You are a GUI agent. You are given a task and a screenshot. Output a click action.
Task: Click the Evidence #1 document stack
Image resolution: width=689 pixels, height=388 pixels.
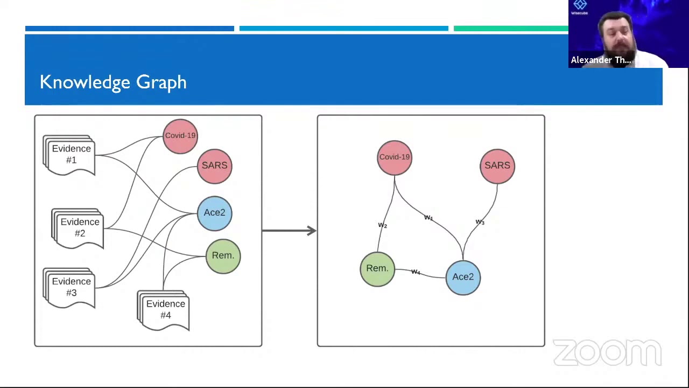(x=71, y=155)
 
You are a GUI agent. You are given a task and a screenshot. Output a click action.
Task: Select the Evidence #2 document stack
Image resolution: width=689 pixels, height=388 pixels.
(x=79, y=228)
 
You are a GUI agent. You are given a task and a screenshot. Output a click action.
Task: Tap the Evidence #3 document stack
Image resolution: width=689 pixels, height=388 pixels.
(x=71, y=287)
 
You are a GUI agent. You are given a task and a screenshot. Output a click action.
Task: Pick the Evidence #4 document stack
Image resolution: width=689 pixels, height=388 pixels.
(x=165, y=310)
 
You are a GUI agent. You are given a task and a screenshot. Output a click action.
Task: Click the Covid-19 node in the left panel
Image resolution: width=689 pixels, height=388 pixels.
(x=180, y=136)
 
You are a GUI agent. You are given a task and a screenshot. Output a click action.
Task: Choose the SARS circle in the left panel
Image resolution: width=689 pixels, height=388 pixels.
(x=215, y=166)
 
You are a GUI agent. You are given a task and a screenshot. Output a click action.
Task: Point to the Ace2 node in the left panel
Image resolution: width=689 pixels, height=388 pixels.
(x=215, y=213)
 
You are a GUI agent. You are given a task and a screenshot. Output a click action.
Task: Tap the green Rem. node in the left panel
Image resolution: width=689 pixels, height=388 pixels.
(x=223, y=256)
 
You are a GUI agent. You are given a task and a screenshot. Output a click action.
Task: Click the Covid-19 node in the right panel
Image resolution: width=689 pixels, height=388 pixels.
(x=395, y=157)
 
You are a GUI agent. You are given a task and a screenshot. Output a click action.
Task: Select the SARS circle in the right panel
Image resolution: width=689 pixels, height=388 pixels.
(x=497, y=166)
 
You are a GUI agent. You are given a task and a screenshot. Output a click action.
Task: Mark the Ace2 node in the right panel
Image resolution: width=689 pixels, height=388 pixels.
(x=463, y=278)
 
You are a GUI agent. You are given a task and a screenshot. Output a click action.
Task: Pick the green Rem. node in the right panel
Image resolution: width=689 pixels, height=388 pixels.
(x=377, y=269)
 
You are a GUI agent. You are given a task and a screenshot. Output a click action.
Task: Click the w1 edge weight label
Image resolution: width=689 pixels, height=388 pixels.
(x=428, y=218)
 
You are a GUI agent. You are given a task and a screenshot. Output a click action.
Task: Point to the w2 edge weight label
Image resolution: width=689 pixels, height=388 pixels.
(x=383, y=225)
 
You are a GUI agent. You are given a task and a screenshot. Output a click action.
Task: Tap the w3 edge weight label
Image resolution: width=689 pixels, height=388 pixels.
(x=480, y=222)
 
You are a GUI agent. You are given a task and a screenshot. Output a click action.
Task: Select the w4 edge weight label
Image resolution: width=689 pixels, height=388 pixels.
(x=416, y=272)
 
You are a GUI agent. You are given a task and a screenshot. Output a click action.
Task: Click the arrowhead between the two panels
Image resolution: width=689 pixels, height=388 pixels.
(x=311, y=231)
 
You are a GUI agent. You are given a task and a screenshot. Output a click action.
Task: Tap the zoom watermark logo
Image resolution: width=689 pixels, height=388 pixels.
(x=607, y=353)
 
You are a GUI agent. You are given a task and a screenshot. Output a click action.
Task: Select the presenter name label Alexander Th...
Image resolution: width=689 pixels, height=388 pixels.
(x=601, y=60)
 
